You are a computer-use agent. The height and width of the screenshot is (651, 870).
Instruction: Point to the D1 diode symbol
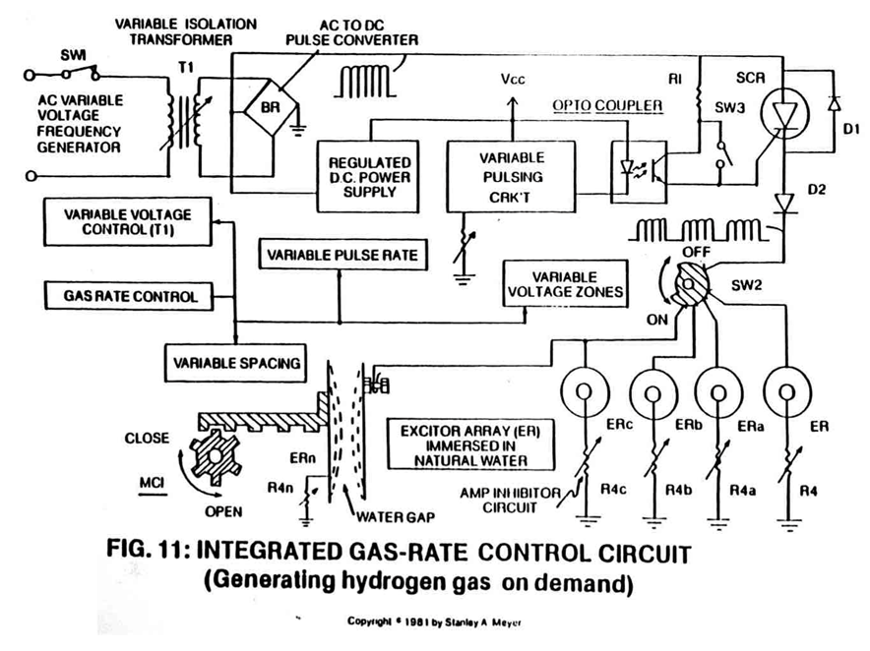pos(833,103)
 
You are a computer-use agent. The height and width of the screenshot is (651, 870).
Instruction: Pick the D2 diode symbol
pos(783,203)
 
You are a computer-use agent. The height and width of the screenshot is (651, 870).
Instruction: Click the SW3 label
pos(729,107)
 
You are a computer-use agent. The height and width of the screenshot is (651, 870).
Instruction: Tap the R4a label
pos(742,491)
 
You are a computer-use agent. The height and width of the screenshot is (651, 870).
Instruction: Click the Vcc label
pos(512,80)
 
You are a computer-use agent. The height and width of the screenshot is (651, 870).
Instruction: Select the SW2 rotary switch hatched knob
pos(691,284)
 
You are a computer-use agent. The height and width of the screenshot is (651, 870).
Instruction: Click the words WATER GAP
pos(396,517)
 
